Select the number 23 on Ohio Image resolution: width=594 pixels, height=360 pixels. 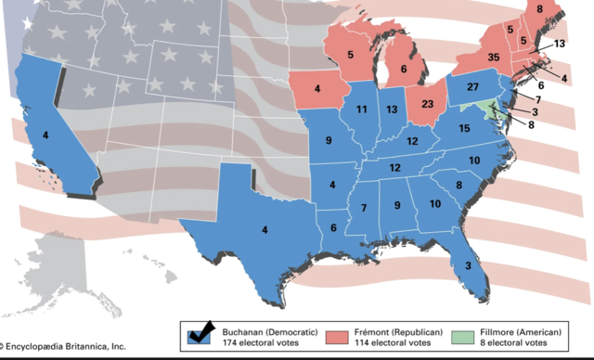[x=428, y=105]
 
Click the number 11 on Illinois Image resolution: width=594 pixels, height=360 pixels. [x=361, y=110]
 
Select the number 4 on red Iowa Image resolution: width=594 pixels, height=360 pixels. [x=316, y=90]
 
